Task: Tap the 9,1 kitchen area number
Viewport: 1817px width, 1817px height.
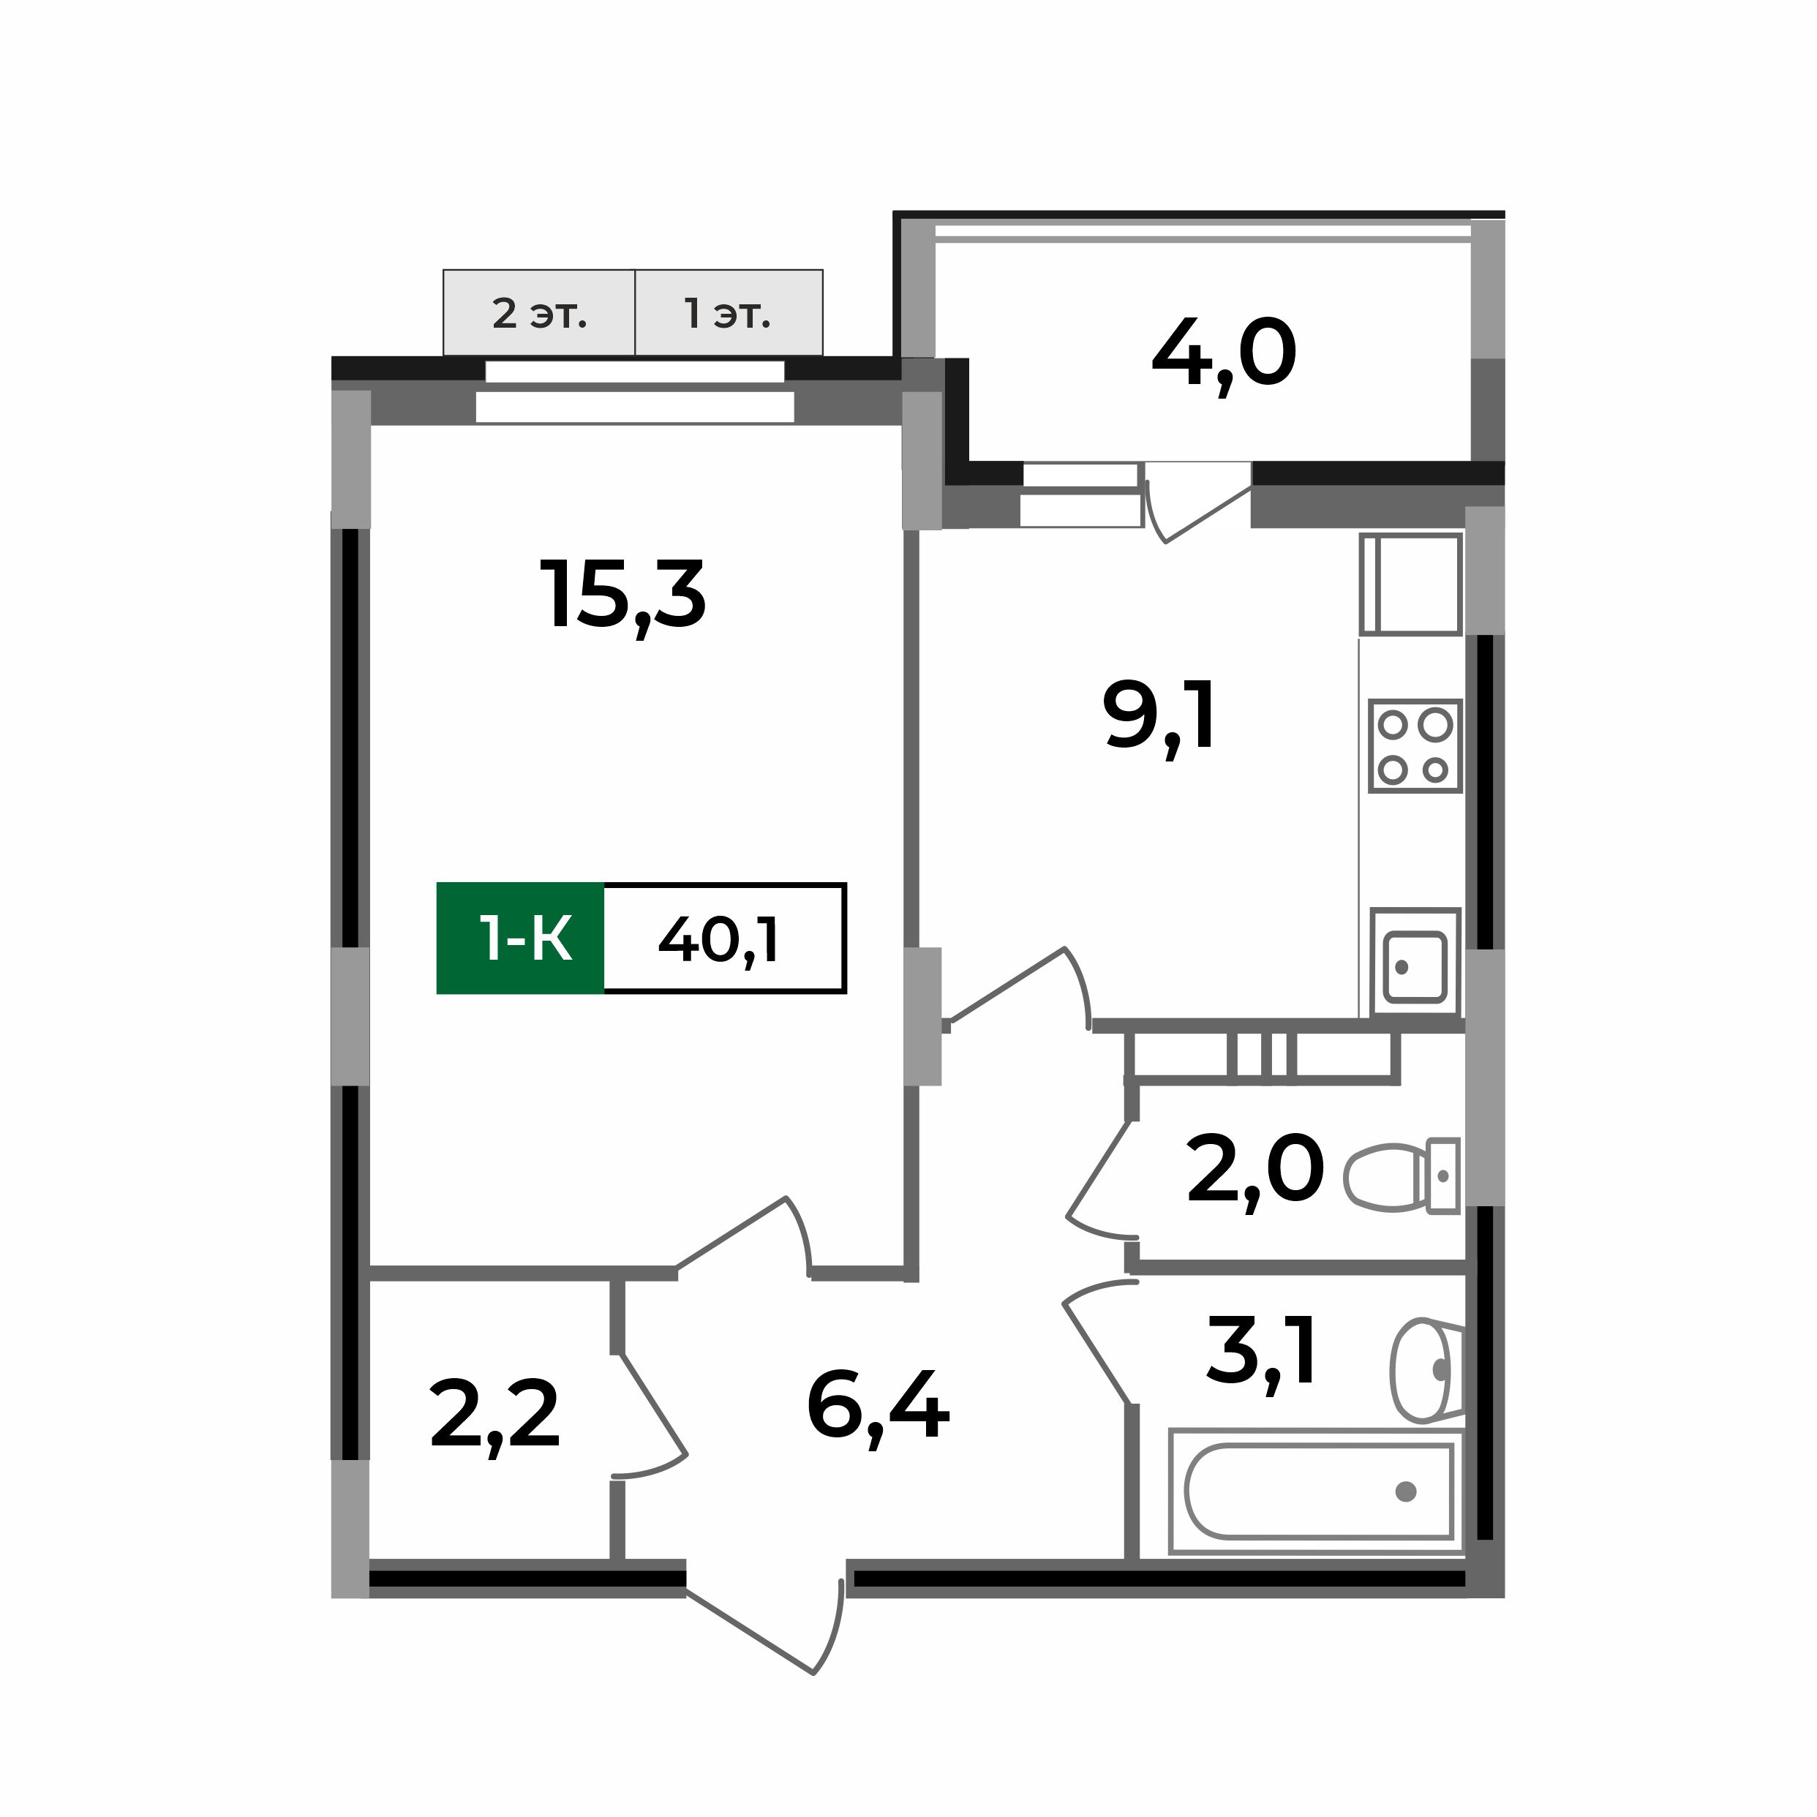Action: (1159, 718)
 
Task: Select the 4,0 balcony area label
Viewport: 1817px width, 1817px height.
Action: (1224, 355)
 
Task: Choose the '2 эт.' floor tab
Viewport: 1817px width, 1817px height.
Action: (539, 313)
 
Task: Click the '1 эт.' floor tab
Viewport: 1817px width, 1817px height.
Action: (729, 313)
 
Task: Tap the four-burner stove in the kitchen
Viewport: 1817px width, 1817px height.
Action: (1415, 746)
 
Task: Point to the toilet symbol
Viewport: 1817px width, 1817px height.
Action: (1402, 1176)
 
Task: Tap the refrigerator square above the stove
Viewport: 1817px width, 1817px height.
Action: (1411, 584)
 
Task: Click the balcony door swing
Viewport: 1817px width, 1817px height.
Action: (1195, 503)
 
